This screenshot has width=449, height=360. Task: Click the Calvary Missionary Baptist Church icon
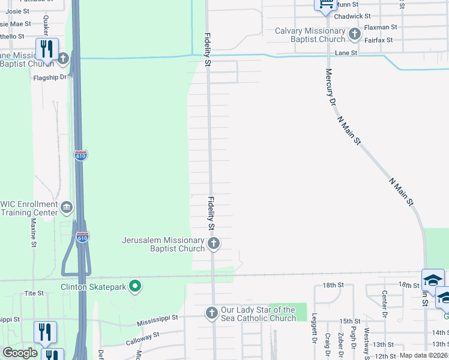point(355,34)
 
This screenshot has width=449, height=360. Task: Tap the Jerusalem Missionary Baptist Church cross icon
point(214,244)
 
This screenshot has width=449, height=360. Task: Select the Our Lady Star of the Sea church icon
point(211,313)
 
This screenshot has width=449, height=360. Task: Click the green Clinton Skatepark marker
point(135,287)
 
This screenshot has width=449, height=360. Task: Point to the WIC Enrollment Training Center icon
point(67,208)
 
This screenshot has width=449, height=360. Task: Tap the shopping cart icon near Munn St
point(325,5)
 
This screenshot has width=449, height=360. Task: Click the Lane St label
point(346,53)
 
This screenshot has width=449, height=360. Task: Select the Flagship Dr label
point(49,77)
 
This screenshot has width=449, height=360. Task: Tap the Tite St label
point(34,293)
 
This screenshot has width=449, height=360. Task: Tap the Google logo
point(20,353)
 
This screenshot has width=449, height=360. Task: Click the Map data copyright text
point(423,355)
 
